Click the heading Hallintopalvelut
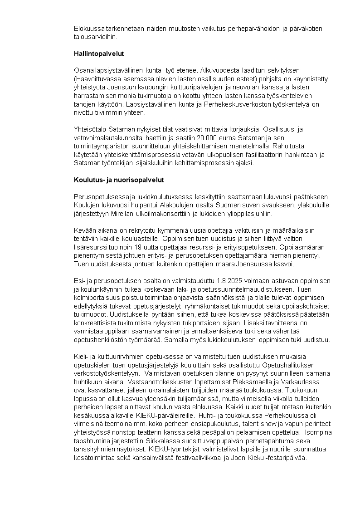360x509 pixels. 99,54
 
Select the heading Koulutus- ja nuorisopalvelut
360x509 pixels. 119,180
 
